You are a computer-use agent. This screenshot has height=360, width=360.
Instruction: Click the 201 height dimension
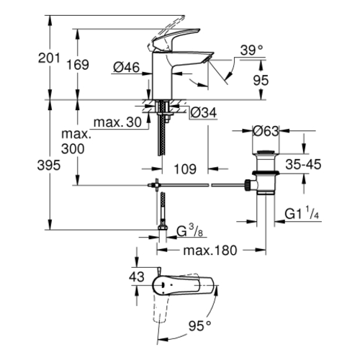pos(49,58)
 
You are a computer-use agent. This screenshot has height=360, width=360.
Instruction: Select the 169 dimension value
pos(78,65)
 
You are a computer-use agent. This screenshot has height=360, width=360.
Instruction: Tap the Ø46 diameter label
pos(126,68)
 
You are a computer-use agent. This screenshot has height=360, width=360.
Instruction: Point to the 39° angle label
pos(251,50)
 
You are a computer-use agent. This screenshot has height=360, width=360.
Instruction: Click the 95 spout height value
pos(261,80)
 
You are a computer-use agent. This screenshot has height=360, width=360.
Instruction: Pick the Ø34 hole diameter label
pos(204,112)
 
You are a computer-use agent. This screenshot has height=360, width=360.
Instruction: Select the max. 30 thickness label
pos(117,122)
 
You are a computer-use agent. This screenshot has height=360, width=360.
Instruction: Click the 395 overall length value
pos(49,166)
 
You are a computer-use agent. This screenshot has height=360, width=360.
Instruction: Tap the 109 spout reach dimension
pos(185,169)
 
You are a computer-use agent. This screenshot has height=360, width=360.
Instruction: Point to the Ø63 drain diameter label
pos(266,131)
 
